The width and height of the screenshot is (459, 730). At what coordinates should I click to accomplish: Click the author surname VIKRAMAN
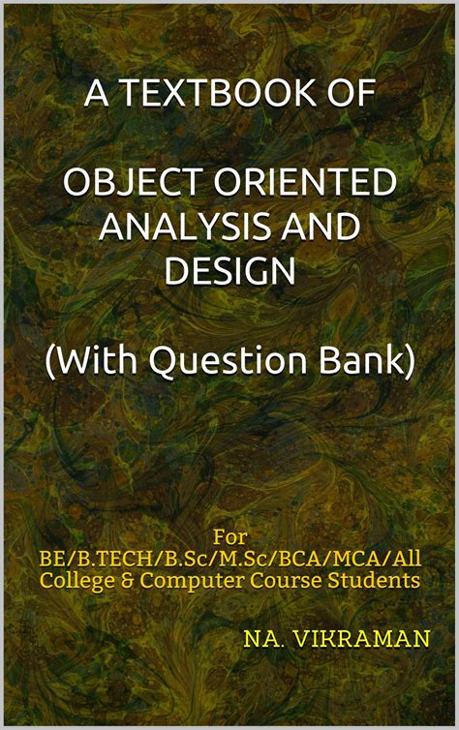[x=350, y=640]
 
